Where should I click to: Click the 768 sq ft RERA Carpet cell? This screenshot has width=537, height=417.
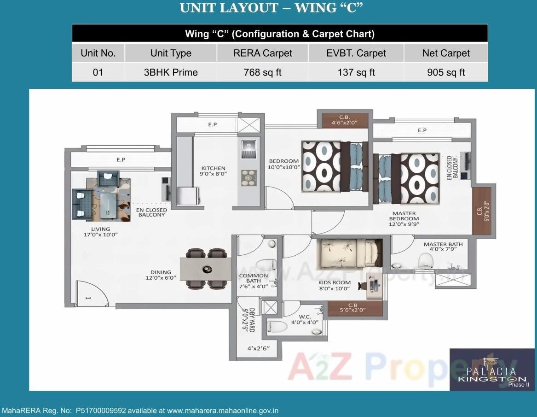pyautogui.click(x=262, y=72)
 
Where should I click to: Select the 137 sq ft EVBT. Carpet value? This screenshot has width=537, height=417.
pyautogui.click(x=356, y=72)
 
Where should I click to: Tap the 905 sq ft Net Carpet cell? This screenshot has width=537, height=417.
pyautogui.click(x=445, y=72)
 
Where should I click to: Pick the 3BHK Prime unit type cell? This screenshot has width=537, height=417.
pyautogui.click(x=171, y=72)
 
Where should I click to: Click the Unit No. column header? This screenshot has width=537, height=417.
pyautogui.click(x=98, y=53)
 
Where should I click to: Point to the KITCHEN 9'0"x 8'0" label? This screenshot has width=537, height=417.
pyautogui.click(x=213, y=171)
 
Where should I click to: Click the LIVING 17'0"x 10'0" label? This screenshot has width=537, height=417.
pyautogui.click(x=100, y=232)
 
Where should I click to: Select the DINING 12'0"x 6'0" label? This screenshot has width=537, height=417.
pyautogui.click(x=161, y=275)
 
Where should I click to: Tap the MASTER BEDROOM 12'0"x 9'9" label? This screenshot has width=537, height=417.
pyautogui.click(x=404, y=219)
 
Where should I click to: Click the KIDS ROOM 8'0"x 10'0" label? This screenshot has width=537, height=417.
pyautogui.click(x=335, y=285)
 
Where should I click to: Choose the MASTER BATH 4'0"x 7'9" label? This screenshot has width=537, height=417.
pyautogui.click(x=443, y=247)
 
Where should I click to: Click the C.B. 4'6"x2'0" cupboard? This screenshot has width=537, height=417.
pyautogui.click(x=345, y=120)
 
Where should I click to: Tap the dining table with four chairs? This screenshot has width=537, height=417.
pyautogui.click(x=206, y=269)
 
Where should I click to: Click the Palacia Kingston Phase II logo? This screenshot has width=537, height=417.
pyautogui.click(x=491, y=370)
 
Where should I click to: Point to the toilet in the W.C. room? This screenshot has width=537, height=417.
pyautogui.click(x=277, y=326)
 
